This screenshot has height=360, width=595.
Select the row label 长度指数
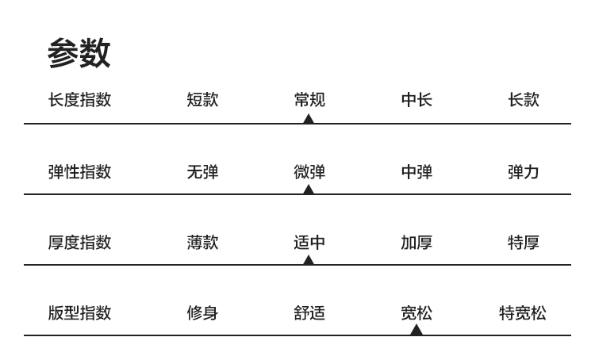coord(79,100)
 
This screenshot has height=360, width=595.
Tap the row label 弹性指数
coord(79,171)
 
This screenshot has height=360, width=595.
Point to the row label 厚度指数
coord(79,242)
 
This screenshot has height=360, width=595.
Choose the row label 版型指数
coord(79,312)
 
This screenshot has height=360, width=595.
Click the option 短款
coord(202,100)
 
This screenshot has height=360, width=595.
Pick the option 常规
coord(309,100)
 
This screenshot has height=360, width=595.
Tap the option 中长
coord(416,100)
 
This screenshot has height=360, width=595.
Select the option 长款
coord(524,100)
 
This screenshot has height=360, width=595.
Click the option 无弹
coord(202,171)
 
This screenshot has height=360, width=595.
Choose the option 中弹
coord(416,171)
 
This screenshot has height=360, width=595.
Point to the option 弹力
coord(524,171)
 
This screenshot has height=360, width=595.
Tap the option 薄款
coord(202,242)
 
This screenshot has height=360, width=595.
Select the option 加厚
coord(416,242)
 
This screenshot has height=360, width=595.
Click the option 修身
coord(202,312)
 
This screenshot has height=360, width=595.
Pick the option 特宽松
coord(523,312)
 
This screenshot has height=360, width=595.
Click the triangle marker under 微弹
coord(309,190)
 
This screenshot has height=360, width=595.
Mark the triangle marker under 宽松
coord(416,330)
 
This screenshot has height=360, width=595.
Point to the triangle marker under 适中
coord(309,260)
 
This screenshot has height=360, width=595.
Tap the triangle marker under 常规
coord(309,119)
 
